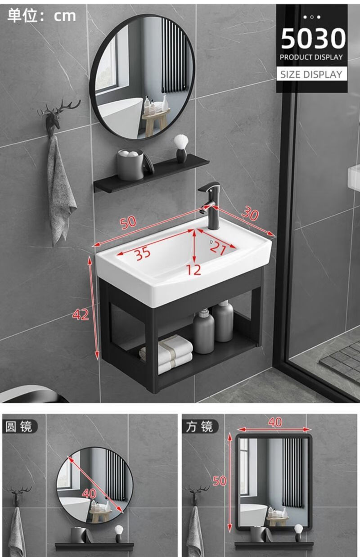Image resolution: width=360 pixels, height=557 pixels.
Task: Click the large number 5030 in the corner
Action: pos(313,39)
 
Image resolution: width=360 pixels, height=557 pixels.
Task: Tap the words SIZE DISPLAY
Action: pos(311,74)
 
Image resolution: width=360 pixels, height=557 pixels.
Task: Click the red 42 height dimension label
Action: pos(81,314)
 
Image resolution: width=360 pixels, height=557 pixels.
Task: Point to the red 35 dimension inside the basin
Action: pos(143,253)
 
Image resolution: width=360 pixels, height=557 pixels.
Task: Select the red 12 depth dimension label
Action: pos(193,270)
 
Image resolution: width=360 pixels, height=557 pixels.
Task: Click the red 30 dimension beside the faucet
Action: pos(251,213)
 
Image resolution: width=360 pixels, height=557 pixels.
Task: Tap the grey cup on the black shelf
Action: pos(130,164)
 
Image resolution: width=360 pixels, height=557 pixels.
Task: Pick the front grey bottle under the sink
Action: pos(203,331)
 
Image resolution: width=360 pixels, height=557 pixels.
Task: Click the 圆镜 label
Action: pos(19,427)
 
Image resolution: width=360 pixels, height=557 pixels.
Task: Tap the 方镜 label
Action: pos(199,427)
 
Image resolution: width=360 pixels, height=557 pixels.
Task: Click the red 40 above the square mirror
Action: pos(275,422)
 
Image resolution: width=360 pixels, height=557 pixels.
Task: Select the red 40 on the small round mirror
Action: pos(89,493)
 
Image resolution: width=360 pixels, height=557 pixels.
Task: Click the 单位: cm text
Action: pos(41,16)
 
